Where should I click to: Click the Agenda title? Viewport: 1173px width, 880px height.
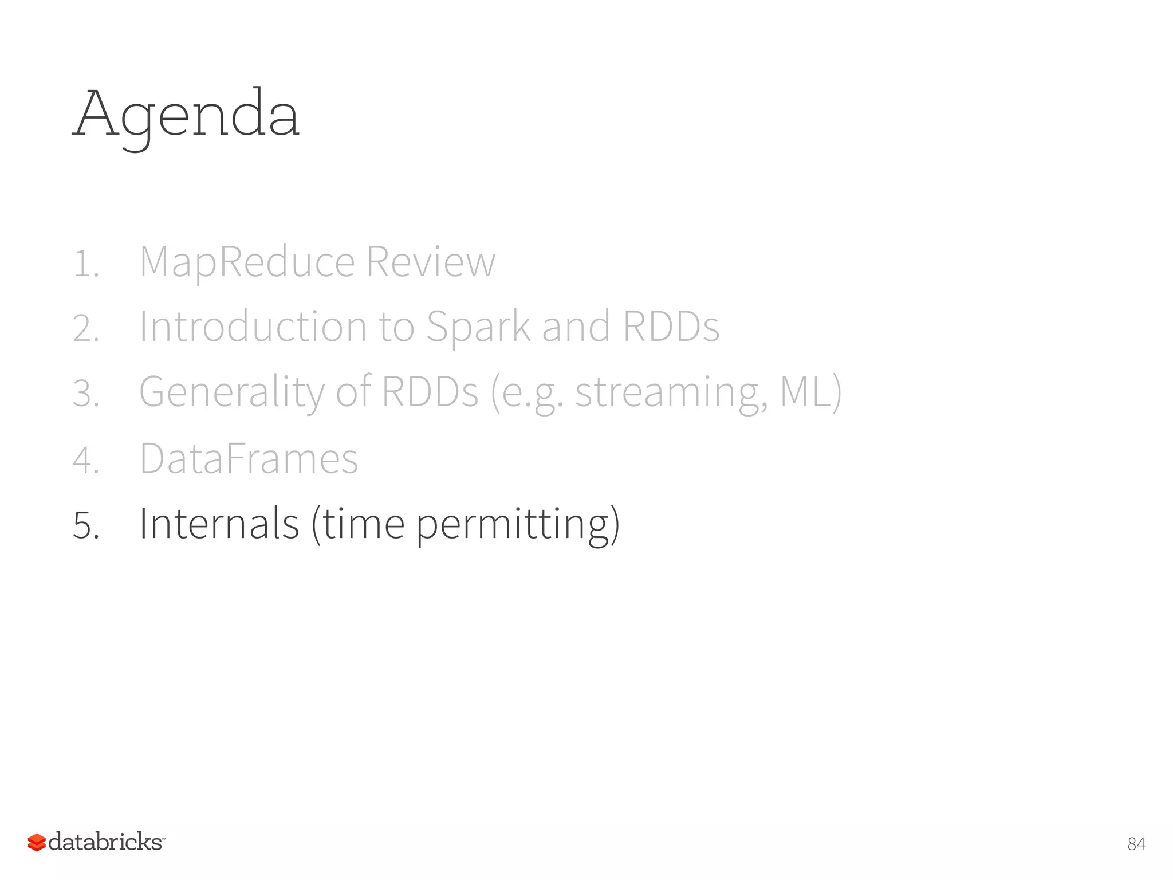click(186, 115)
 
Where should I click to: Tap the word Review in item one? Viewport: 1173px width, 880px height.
click(430, 262)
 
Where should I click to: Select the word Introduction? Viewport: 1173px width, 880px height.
click(253, 327)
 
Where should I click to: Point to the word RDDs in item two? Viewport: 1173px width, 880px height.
click(671, 327)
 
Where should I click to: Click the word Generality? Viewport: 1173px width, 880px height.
click(232, 393)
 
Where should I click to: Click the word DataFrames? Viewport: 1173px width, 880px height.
click(249, 459)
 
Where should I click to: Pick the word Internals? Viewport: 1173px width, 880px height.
click(219, 524)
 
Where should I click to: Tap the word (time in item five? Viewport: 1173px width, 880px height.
click(358, 524)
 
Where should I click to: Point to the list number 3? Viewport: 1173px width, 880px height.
click(86, 394)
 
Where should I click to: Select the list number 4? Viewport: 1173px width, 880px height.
click(86, 461)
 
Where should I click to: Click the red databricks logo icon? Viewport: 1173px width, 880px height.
click(37, 842)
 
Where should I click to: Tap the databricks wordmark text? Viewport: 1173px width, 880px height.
click(105, 842)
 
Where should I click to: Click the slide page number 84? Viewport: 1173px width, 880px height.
click(1136, 844)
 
